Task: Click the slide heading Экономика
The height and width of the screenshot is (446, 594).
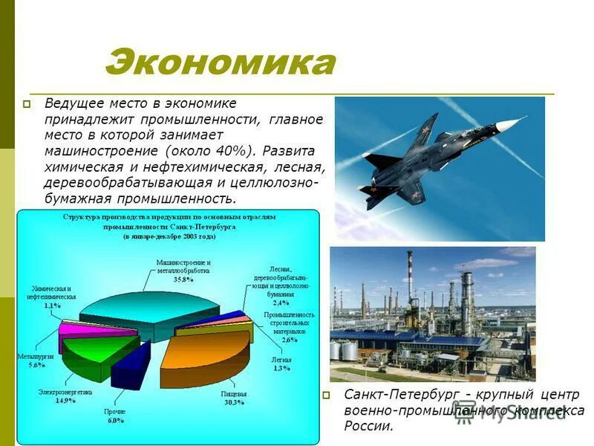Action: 220,63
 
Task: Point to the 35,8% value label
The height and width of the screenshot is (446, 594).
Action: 183,281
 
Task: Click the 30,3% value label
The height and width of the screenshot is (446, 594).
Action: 232,402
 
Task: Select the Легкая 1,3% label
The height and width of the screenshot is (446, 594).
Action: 281,364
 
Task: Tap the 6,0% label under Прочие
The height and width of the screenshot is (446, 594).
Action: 114,421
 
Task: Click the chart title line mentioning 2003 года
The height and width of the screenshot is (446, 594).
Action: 169,236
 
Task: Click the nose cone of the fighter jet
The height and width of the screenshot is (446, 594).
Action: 520,119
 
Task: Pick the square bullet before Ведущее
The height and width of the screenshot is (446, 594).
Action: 26,105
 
